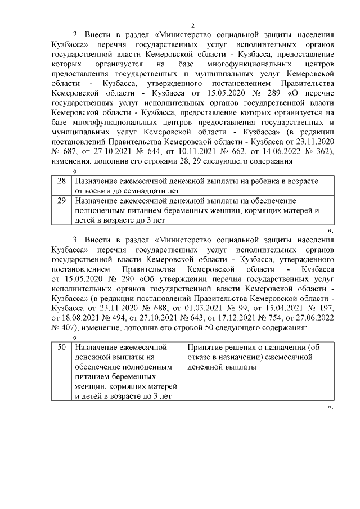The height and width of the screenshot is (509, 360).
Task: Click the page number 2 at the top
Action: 192,25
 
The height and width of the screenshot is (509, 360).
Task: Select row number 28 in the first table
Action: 62,181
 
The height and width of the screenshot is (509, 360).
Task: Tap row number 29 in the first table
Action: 62,200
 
